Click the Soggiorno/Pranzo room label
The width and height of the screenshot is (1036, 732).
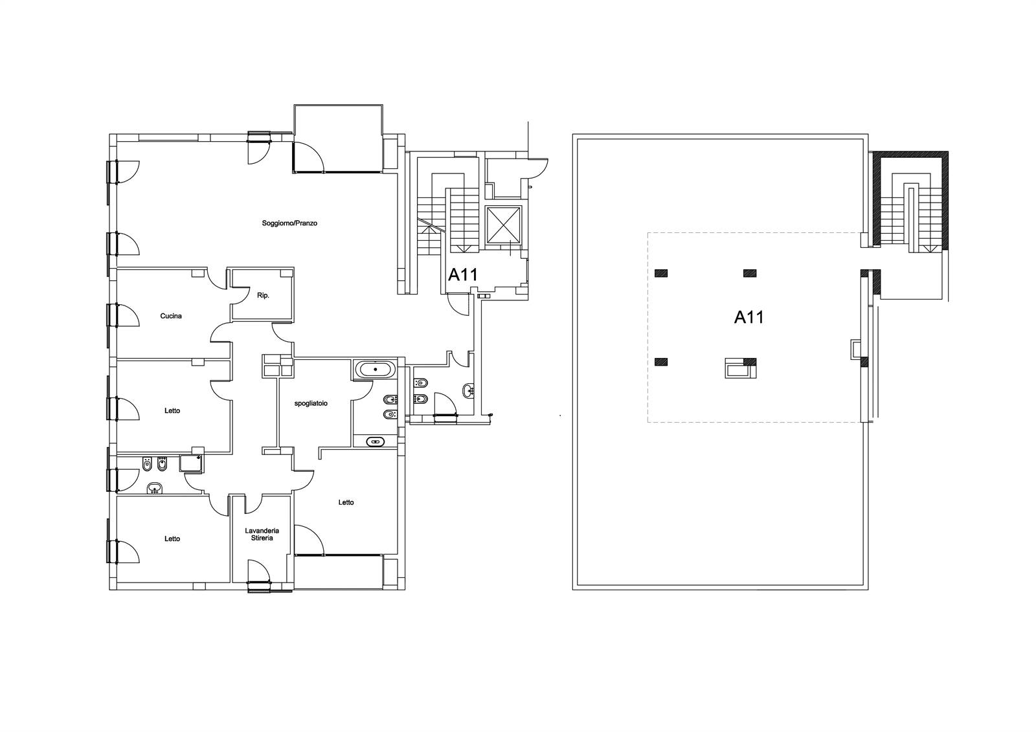[289, 223]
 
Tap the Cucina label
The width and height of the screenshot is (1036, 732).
[171, 316]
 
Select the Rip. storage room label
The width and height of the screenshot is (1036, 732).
[263, 296]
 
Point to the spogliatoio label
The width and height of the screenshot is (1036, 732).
[311, 403]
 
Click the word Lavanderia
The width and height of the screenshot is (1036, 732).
[262, 531]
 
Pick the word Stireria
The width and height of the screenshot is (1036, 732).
[262, 538]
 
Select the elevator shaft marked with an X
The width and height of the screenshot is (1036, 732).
[502, 225]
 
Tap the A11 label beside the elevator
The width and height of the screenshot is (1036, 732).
[462, 275]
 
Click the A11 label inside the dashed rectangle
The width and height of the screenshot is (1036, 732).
[749, 317]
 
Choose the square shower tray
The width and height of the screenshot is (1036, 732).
[191, 463]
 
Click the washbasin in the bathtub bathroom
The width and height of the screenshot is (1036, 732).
[375, 441]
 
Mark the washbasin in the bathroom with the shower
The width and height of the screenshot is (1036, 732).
[155, 488]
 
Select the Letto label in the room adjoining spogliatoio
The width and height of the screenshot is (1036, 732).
[346, 502]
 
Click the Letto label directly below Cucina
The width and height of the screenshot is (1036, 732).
[172, 410]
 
